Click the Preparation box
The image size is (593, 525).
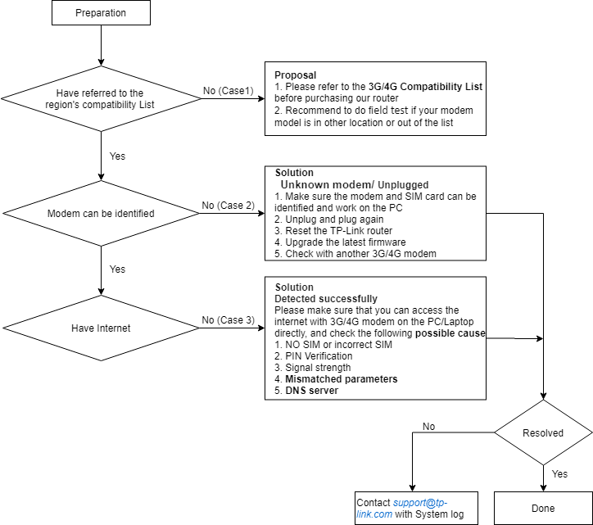[x=101, y=12]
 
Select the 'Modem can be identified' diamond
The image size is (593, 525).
[x=101, y=213]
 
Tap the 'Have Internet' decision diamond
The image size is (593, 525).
[x=101, y=328]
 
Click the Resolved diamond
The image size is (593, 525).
[x=543, y=432]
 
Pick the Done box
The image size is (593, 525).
[x=543, y=508]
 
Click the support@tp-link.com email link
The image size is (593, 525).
[x=402, y=509]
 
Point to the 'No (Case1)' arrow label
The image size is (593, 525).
[x=228, y=91]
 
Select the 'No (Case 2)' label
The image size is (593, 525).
[x=228, y=206]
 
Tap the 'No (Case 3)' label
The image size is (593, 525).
[x=228, y=320]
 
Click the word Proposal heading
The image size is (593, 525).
[x=296, y=75]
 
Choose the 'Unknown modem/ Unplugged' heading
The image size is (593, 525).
[x=355, y=184]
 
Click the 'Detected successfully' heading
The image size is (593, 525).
[x=326, y=299]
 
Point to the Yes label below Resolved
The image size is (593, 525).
[x=559, y=474]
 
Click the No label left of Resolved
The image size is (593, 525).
[x=429, y=426]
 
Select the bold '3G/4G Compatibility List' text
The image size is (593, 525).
[x=425, y=87]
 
